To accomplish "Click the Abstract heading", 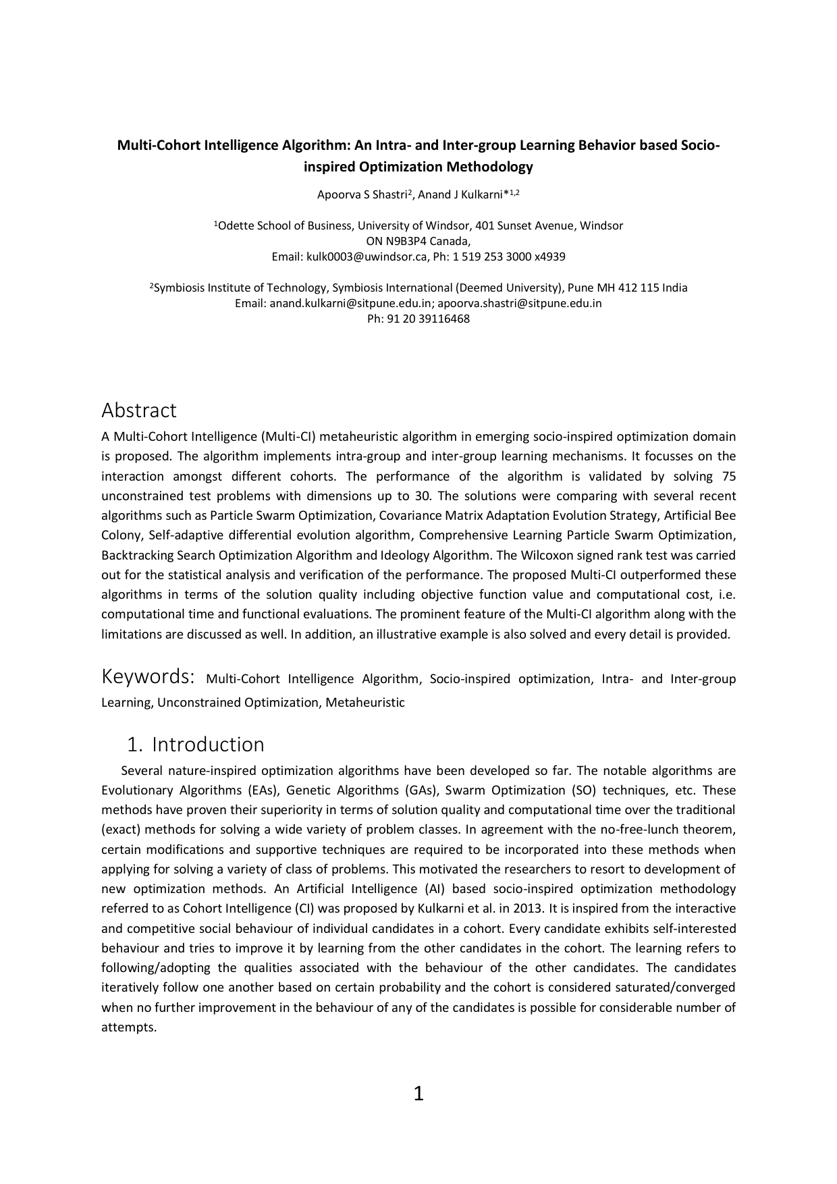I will (138, 410).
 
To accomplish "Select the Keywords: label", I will (148, 676).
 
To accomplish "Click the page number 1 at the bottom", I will (418, 1093).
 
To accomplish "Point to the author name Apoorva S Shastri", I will (362, 195).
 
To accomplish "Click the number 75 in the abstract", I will (728, 476).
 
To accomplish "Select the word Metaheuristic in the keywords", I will (365, 702).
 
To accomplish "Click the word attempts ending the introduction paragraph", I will (128, 1027).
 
